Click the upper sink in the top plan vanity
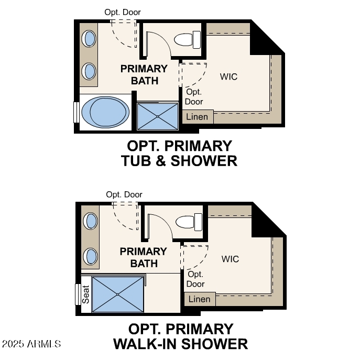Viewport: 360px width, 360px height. pyautogui.click(x=90, y=38)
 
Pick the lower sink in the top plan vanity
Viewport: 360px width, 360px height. pyautogui.click(x=90, y=70)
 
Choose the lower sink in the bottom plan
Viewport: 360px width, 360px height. pyautogui.click(x=91, y=256)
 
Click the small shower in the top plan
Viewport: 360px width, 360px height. pyautogui.click(x=158, y=116)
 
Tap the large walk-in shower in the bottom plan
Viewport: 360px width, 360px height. pyautogui.click(x=118, y=294)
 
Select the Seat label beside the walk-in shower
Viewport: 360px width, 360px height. pyautogui.click(x=85, y=294)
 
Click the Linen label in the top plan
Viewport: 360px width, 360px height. pyautogui.click(x=197, y=117)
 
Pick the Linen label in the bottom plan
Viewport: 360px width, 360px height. pyautogui.click(x=199, y=299)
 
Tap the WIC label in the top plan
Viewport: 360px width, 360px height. pyautogui.click(x=228, y=77)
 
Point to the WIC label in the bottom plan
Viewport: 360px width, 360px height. pyautogui.click(x=230, y=259)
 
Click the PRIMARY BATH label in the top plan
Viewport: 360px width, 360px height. pyautogui.click(x=144, y=74)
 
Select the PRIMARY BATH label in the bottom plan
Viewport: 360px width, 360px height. pyautogui.click(x=144, y=257)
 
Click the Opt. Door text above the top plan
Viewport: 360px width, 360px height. pyautogui.click(x=123, y=12)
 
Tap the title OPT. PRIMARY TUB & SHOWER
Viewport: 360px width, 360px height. pyautogui.click(x=179, y=153)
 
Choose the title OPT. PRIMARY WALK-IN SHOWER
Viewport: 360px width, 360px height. pyautogui.click(x=180, y=336)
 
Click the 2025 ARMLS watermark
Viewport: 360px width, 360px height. pyautogui.click(x=31, y=344)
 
